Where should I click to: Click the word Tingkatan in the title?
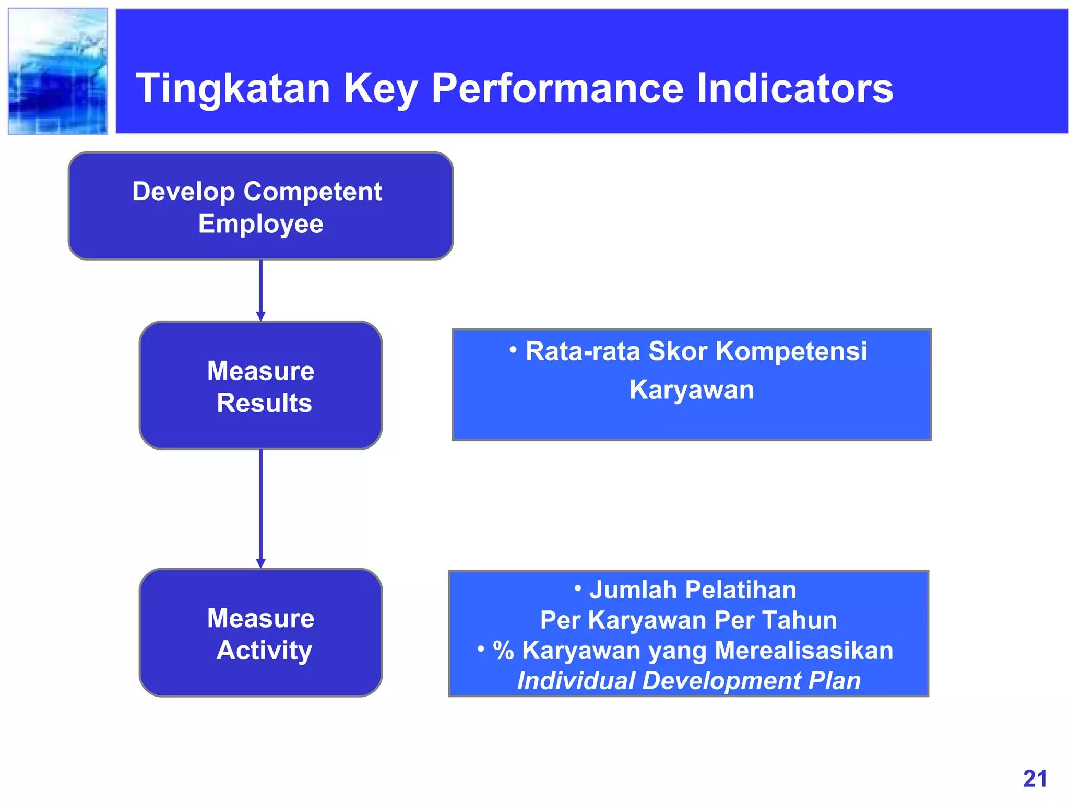click(x=233, y=89)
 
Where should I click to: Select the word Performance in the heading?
click(x=557, y=89)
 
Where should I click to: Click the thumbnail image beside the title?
click(x=58, y=72)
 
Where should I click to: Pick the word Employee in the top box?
click(x=260, y=224)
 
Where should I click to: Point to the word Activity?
click(x=264, y=651)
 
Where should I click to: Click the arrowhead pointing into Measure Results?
click(x=260, y=316)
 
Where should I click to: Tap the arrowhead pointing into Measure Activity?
click(x=260, y=563)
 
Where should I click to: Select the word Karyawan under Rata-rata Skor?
click(x=692, y=390)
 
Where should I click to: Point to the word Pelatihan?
click(x=740, y=591)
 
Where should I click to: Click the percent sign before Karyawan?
click(x=504, y=651)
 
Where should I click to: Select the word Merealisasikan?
click(x=803, y=651)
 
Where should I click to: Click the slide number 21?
click(x=1035, y=779)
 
